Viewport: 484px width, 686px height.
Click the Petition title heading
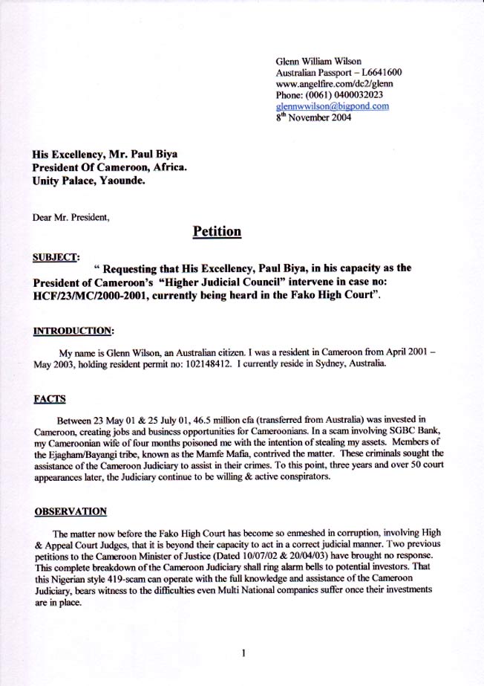coord(217,231)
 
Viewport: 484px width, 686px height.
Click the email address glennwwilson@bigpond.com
coord(332,106)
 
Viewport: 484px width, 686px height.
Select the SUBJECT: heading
coord(56,257)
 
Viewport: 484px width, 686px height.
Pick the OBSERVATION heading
coord(71,511)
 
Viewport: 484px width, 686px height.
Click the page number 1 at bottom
coord(243,653)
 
